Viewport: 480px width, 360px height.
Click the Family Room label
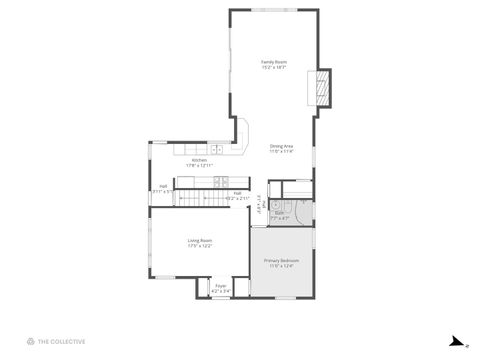(274, 62)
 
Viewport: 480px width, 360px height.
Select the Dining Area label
(281, 147)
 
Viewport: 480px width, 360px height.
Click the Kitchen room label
(199, 160)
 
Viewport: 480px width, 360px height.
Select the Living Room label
(200, 240)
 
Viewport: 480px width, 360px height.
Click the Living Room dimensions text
(200, 246)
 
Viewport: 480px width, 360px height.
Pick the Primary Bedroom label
(281, 260)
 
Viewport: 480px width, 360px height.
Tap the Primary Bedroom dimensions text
(281, 266)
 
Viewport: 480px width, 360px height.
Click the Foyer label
(221, 286)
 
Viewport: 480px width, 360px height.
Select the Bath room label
(281, 212)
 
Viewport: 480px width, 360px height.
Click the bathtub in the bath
(296, 188)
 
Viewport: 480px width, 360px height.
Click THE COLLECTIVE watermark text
(62, 341)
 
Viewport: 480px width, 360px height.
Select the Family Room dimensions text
(274, 68)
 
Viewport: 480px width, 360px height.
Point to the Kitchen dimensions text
(199, 165)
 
